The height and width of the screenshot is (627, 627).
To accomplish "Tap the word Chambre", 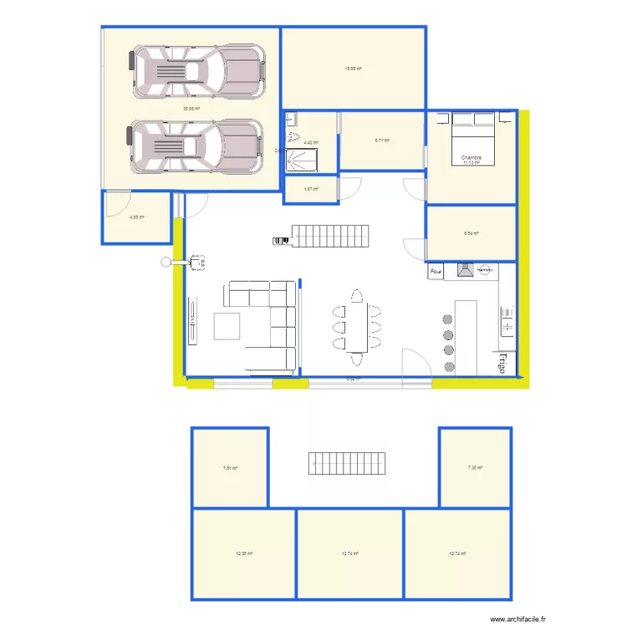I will point(472,157).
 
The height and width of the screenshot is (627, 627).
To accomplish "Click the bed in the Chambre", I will point(472,137).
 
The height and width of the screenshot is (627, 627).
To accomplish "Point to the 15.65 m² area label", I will point(354,69).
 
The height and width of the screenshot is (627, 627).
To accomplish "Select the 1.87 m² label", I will point(310,189).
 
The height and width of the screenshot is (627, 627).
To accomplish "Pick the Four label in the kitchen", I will point(436,272).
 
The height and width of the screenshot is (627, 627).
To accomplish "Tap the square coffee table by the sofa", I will point(227,326).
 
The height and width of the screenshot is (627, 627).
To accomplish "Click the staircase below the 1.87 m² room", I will point(323,237).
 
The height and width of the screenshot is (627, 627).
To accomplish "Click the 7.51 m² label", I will point(230,468).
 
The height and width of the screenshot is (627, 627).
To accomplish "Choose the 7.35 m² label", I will point(475,468).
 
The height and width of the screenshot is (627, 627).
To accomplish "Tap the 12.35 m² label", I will point(244,553).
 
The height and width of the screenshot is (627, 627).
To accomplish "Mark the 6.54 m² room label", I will point(471,233).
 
